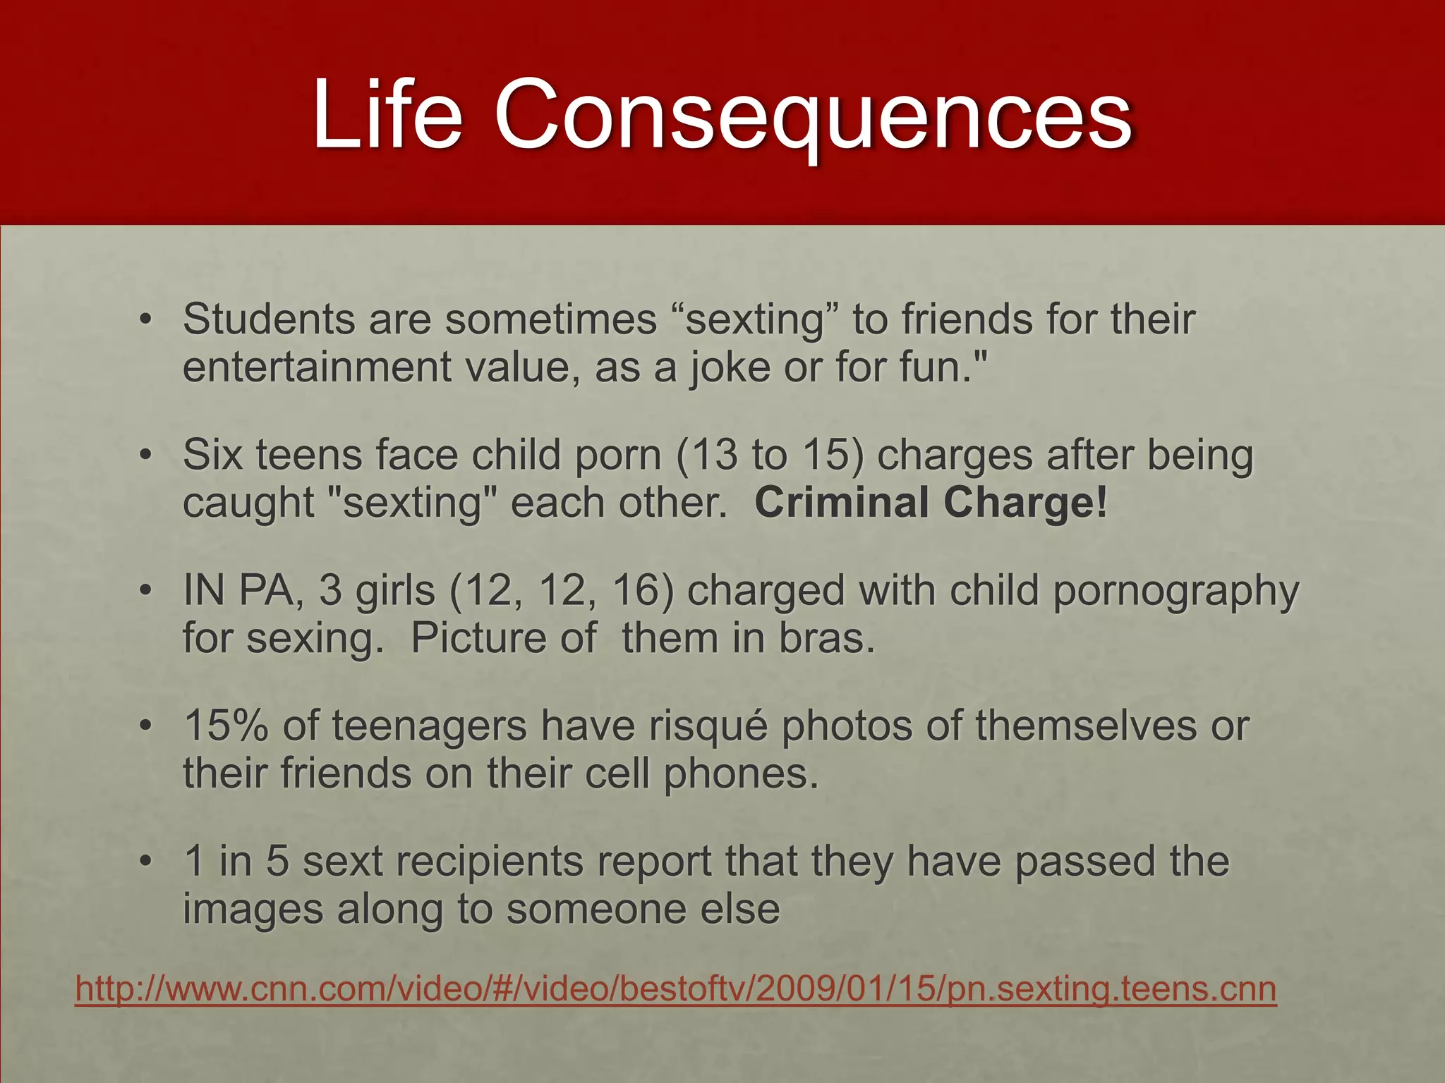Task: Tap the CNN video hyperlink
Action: [x=675, y=989]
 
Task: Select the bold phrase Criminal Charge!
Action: [x=931, y=503]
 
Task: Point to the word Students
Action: [x=269, y=319]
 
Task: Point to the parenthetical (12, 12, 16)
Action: [x=561, y=590]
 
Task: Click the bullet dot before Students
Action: [x=145, y=319]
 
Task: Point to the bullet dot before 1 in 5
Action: [x=145, y=861]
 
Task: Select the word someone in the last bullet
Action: [x=595, y=909]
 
